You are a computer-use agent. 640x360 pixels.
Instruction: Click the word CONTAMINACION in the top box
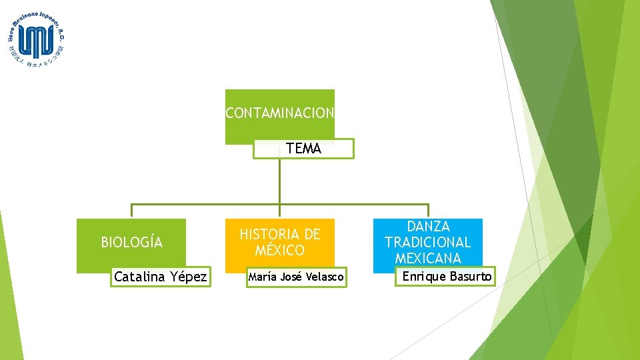(x=279, y=113)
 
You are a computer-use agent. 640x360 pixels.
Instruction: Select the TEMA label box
(x=303, y=149)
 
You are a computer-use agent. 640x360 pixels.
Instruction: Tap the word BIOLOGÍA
(x=131, y=242)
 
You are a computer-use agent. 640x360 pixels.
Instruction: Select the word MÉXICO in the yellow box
(x=280, y=251)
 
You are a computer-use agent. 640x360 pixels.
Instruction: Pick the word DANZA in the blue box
(x=428, y=227)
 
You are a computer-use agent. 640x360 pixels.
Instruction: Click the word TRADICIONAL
(x=428, y=242)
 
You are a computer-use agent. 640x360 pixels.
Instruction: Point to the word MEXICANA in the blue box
(x=428, y=258)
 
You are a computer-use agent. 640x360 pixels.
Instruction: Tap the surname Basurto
(x=471, y=276)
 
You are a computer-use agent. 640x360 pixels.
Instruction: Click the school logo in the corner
(x=37, y=39)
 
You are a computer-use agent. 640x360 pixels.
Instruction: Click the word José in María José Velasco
(x=291, y=277)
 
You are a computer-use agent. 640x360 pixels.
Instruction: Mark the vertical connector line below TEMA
(x=280, y=180)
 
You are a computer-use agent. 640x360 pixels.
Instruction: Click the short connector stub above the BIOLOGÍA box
(x=131, y=211)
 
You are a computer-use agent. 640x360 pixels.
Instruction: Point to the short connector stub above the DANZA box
(x=429, y=211)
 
